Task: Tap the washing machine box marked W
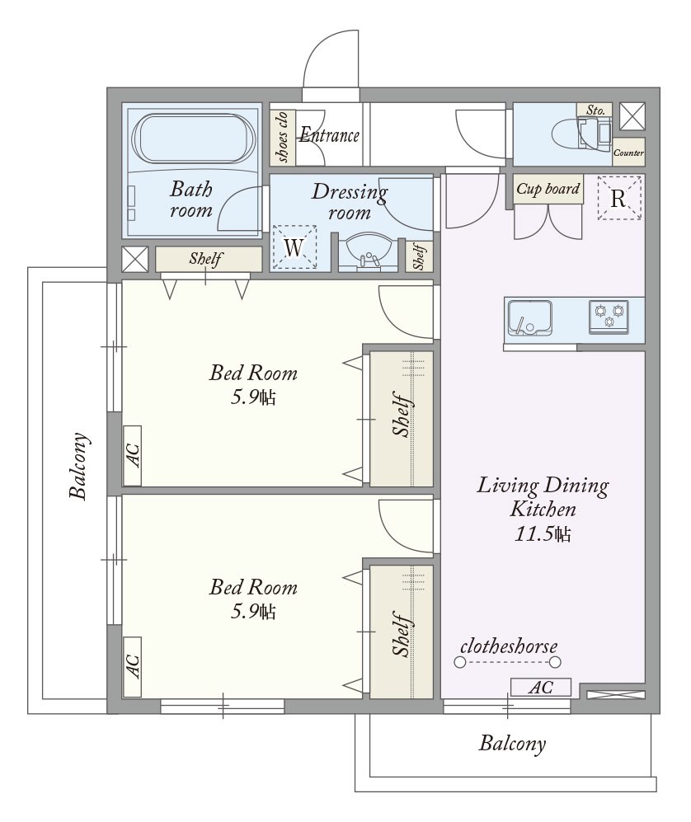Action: tap(294, 247)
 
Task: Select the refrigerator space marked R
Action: tap(620, 198)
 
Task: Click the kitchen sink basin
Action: tap(529, 318)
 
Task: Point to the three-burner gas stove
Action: tap(609, 316)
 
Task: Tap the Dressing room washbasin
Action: tap(365, 252)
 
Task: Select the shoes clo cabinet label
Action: tap(282, 137)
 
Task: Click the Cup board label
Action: tap(548, 189)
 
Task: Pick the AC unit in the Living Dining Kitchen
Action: tap(541, 687)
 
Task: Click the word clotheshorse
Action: tap(509, 646)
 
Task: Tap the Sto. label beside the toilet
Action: tap(595, 110)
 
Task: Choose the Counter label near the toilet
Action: tap(628, 153)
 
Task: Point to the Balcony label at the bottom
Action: tap(512, 744)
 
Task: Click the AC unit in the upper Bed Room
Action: tap(132, 456)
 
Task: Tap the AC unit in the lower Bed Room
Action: tap(132, 667)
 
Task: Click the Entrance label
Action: tap(329, 135)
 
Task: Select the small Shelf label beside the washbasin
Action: tap(419, 256)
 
